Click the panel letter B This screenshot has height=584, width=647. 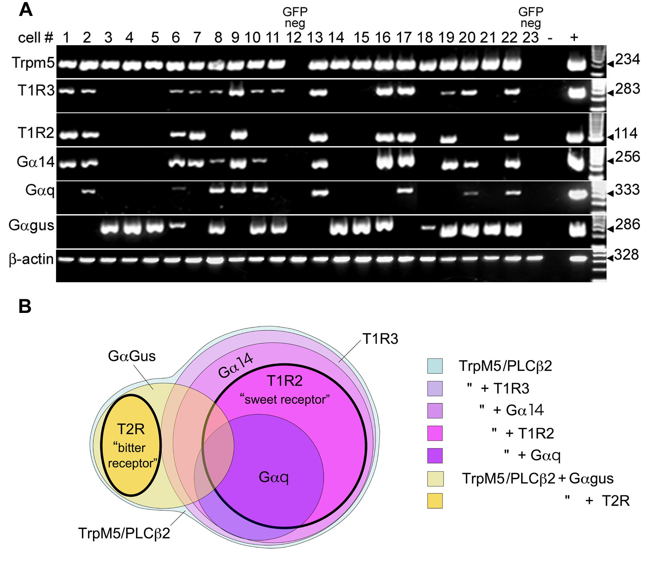[25, 306]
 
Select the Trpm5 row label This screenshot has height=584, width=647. [33, 62]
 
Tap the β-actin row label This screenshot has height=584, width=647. [31, 259]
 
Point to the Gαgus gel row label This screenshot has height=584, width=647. [31, 226]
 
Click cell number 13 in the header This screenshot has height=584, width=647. [315, 38]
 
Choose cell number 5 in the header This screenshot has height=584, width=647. [155, 38]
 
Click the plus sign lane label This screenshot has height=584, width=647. [574, 37]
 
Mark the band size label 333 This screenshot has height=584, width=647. [627, 190]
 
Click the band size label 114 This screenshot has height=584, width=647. [626, 134]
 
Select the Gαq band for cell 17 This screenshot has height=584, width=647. [405, 191]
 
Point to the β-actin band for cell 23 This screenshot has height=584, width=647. [534, 258]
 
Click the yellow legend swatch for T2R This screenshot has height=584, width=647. [435, 501]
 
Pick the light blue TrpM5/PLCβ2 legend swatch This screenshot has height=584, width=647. [435, 366]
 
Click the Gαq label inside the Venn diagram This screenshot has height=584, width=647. [273, 477]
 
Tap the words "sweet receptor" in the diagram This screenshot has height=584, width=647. [285, 399]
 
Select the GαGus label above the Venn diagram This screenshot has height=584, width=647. [132, 356]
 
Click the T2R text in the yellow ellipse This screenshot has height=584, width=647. [131, 429]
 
